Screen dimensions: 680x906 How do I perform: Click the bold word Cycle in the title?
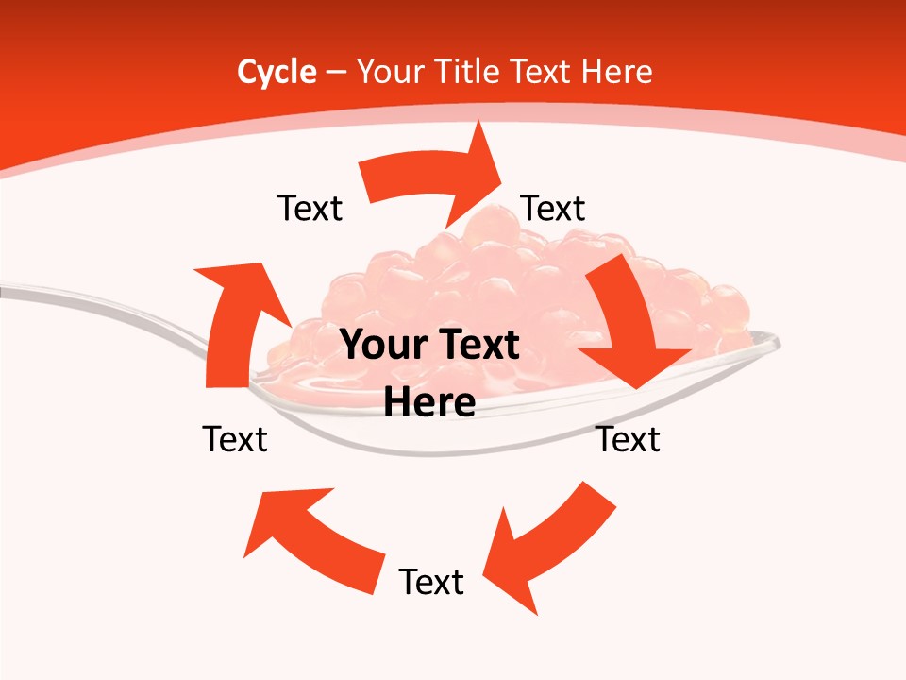pos(277,72)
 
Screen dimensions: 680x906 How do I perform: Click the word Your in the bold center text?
pos(381,346)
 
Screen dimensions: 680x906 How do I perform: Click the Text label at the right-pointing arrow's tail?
pos(310,209)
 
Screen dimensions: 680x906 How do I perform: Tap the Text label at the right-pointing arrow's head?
pos(553,209)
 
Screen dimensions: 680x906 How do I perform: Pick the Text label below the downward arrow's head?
pos(628,439)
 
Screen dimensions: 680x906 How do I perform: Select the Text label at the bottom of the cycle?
pos(431,582)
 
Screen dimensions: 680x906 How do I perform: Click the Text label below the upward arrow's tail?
pos(235,439)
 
